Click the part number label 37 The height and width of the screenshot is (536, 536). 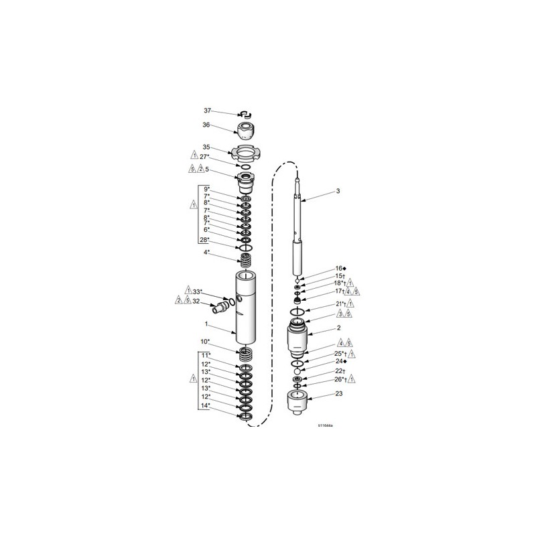207,111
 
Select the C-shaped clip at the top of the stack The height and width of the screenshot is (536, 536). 245,115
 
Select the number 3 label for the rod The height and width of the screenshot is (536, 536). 338,191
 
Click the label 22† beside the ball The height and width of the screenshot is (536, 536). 339,371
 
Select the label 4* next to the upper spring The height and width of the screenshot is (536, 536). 207,252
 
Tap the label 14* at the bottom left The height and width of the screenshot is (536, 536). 205,405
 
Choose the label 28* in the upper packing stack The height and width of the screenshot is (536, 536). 205,239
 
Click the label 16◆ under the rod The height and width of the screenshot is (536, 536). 339,268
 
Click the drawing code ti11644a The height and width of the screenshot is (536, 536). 330,424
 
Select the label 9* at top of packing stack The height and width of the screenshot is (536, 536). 207,189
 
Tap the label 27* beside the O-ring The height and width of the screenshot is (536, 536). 205,157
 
